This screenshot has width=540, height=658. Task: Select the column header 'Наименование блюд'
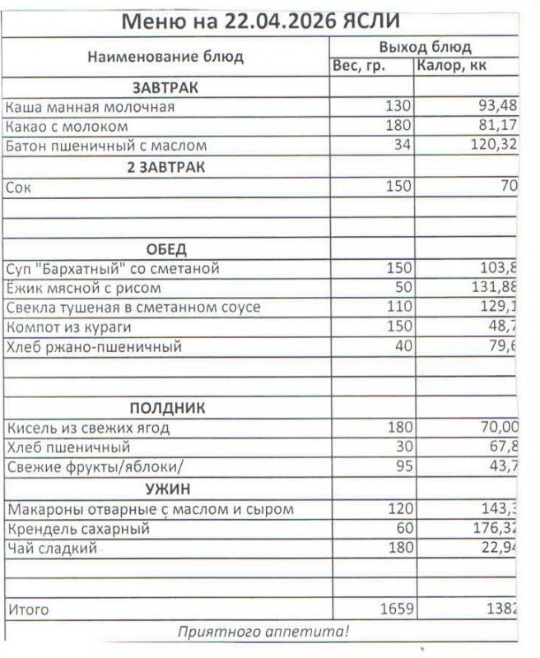click(x=165, y=57)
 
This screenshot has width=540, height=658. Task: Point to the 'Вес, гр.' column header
click(x=358, y=67)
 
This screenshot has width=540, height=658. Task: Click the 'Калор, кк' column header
click(x=452, y=67)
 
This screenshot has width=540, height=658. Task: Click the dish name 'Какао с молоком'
click(x=67, y=127)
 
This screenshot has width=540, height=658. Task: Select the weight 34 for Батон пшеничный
click(x=400, y=146)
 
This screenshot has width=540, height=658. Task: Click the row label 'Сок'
click(x=17, y=187)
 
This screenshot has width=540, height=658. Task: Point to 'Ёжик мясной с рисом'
click(x=83, y=288)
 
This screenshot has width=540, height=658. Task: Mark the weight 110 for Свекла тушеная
click(x=399, y=308)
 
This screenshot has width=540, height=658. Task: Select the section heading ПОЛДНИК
click(x=167, y=408)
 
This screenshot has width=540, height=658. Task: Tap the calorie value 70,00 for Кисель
click(x=498, y=428)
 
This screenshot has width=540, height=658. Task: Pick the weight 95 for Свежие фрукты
click(x=401, y=467)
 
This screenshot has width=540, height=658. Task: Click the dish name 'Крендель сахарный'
click(x=77, y=529)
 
